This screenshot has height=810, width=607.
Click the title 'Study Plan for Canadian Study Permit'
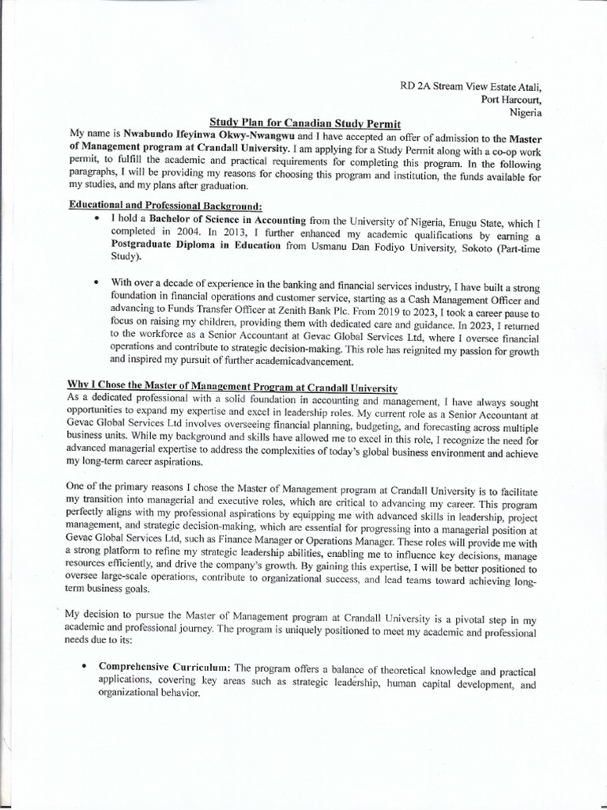click(x=305, y=123)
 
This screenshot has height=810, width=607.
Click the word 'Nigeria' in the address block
click(x=524, y=112)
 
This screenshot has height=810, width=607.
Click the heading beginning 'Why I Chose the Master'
click(x=232, y=385)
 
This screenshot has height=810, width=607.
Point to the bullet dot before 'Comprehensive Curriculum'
click(x=83, y=668)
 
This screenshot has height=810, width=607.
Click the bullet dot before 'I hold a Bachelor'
click(x=96, y=219)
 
